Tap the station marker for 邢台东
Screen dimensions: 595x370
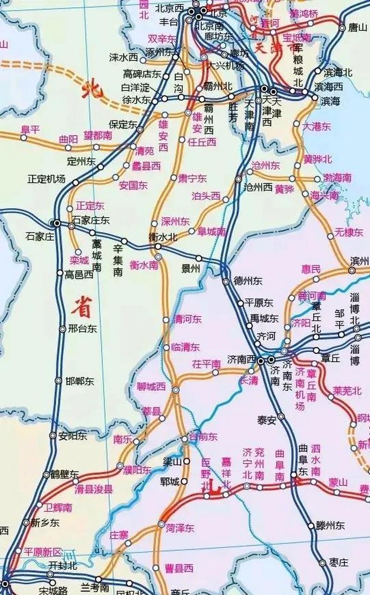pyautogui.click(x=63, y=329)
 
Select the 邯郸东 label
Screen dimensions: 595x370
pyautogui.click(x=80, y=381)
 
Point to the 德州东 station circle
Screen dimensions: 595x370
pyautogui.click(x=226, y=281)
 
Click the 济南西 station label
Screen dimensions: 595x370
pyautogui.click(x=242, y=359)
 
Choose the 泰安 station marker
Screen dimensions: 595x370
pyautogui.click(x=281, y=416)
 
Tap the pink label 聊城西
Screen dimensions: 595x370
pyautogui.click(x=151, y=386)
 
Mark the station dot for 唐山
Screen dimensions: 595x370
pyautogui.click(x=342, y=28)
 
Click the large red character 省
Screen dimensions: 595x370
pyautogui.click(x=81, y=307)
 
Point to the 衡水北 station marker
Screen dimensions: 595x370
pyautogui.click(x=158, y=246)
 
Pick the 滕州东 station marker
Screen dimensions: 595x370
pyautogui.click(x=311, y=526)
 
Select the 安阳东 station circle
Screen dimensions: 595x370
pyautogui.click(x=53, y=436)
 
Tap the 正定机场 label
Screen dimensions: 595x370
pyautogui.click(x=47, y=179)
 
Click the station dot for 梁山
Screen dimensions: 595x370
pyautogui.click(x=187, y=461)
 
